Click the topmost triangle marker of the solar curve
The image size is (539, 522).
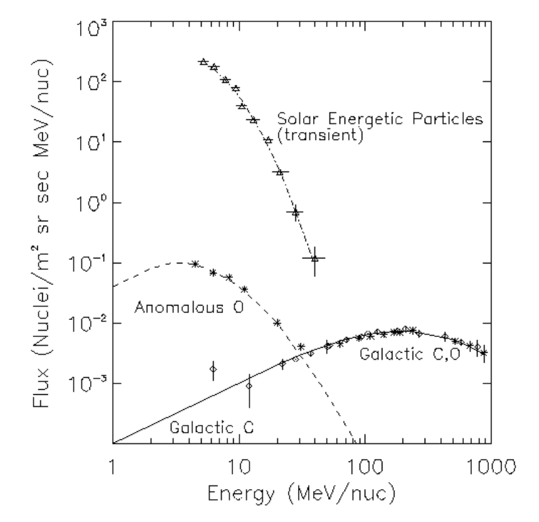(203, 62)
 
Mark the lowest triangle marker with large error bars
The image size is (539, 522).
(315, 258)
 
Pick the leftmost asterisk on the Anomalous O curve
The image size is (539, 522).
(194, 264)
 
